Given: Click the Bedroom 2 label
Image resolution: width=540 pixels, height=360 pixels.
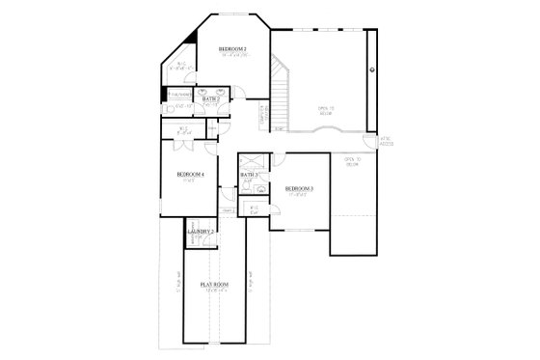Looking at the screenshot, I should pyautogui.click(x=232, y=48).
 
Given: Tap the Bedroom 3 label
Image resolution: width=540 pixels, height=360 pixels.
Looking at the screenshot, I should pyautogui.click(x=298, y=188).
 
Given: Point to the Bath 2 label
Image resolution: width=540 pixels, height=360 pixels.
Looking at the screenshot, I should pyautogui.click(x=212, y=98).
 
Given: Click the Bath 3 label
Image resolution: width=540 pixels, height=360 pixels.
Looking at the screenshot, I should pyautogui.click(x=249, y=175).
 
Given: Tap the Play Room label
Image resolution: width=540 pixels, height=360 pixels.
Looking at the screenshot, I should pyautogui.click(x=214, y=285).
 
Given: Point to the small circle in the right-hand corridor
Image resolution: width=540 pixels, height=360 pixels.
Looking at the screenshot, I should pyautogui.click(x=372, y=70).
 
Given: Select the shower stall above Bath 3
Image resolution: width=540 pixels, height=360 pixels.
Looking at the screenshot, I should pyautogui.click(x=254, y=161).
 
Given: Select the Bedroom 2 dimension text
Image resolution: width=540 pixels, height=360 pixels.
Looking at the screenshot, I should pyautogui.click(x=232, y=55).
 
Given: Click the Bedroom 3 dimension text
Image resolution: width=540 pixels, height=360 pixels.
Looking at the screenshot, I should pyautogui.click(x=297, y=195).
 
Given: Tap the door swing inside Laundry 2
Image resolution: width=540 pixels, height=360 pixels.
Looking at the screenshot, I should pyautogui.click(x=192, y=241).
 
